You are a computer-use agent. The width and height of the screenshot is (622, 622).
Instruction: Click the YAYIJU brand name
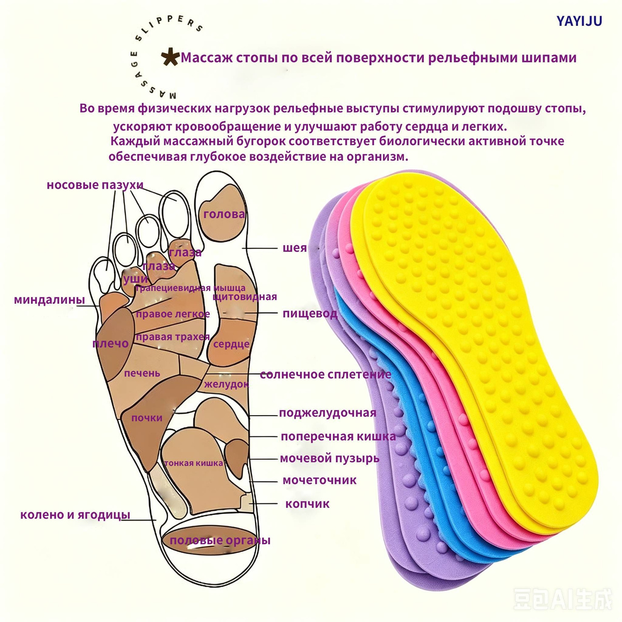pyautogui.click(x=579, y=21)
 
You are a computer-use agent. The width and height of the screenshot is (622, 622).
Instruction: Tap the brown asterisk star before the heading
pyautogui.click(x=170, y=57)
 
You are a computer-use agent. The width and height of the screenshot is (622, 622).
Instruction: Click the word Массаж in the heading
pyautogui.click(x=207, y=58)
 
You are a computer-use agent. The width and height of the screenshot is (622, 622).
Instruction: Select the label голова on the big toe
pyautogui.click(x=224, y=214)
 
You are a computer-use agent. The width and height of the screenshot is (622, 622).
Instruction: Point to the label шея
pyautogui.click(x=294, y=248)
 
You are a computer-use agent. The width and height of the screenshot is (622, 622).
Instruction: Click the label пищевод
pyautogui.click(x=310, y=314)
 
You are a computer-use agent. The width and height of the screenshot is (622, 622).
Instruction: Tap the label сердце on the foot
pyautogui.click(x=231, y=344)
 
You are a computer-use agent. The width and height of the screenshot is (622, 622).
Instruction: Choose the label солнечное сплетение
pyautogui.click(x=326, y=374)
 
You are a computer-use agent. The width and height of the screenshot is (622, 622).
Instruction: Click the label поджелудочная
pyautogui.click(x=328, y=413)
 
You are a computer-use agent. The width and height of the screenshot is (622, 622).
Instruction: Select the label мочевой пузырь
pyautogui.click(x=329, y=458)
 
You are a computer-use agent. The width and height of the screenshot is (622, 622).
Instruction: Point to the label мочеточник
pyautogui.click(x=320, y=480)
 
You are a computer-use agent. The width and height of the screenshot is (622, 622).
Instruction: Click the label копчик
pyautogui.click(x=307, y=504)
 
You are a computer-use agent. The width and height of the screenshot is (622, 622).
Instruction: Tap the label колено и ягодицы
pyautogui.click(x=75, y=515)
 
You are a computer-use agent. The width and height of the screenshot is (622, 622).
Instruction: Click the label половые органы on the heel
pyautogui.click(x=220, y=540)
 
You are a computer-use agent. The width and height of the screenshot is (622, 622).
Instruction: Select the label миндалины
pyautogui.click(x=49, y=300)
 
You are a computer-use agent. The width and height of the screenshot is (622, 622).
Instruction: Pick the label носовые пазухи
pyautogui.click(x=95, y=185)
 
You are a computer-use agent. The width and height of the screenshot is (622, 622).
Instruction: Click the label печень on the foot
pyautogui.click(x=142, y=373)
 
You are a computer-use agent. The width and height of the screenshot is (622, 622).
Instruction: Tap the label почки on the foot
pyautogui.click(x=147, y=418)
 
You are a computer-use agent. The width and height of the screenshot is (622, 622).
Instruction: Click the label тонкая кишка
pyautogui.click(x=193, y=463)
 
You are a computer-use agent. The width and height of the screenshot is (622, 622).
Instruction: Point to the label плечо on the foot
pyautogui.click(x=110, y=344)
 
